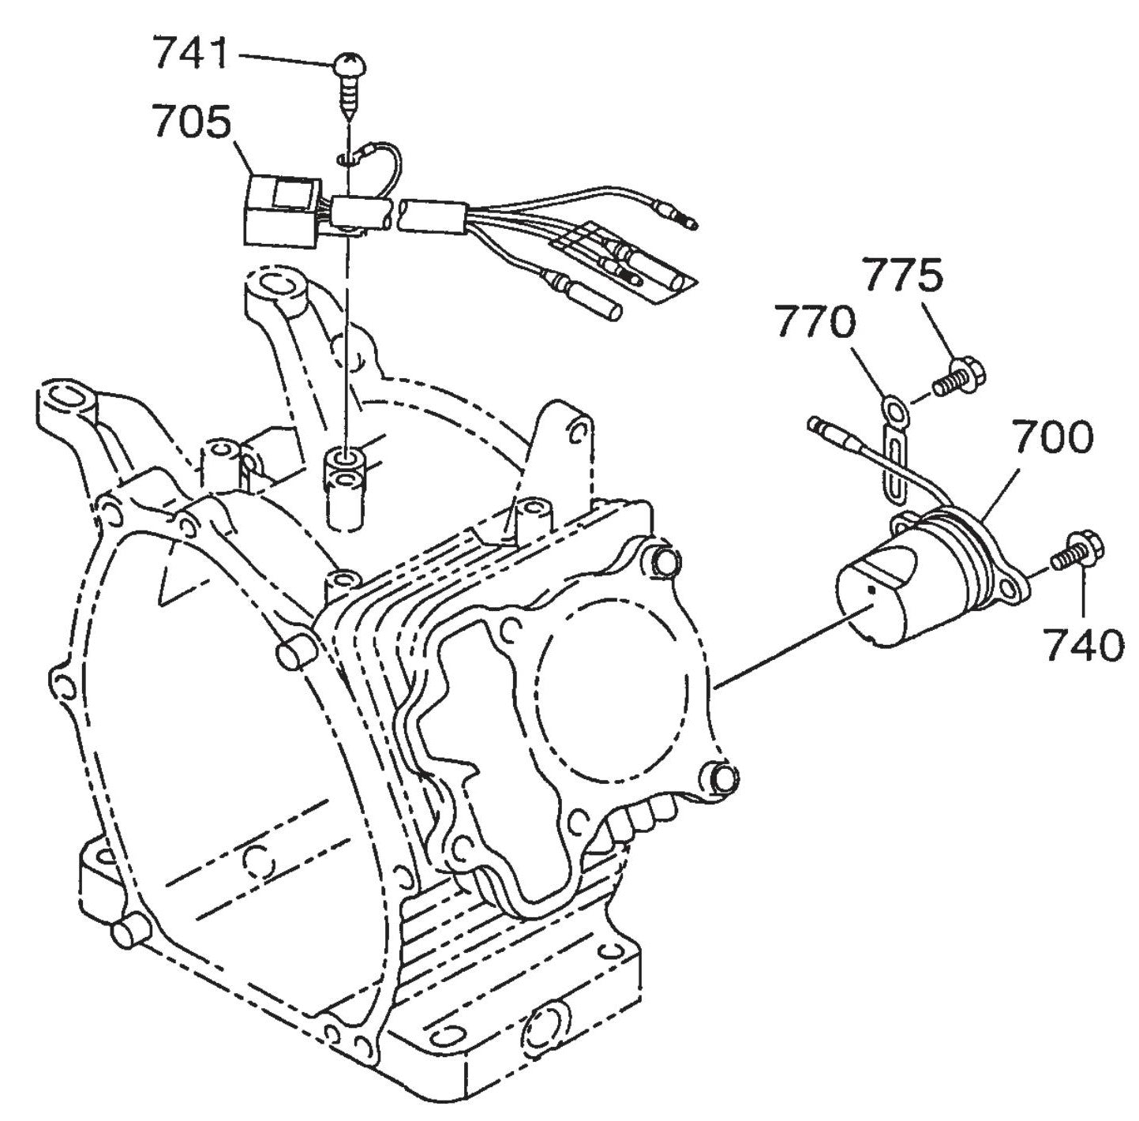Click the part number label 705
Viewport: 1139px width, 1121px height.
coord(193,123)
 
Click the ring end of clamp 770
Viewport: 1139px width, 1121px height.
coord(895,411)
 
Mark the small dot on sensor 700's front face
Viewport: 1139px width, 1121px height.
coord(870,588)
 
